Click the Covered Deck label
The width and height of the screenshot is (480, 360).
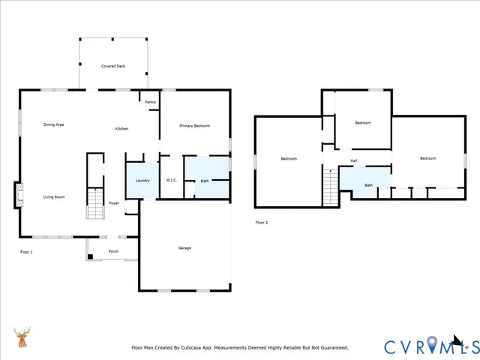tap(113, 66)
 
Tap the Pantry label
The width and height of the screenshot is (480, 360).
tap(150, 101)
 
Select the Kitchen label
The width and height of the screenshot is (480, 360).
tap(121, 128)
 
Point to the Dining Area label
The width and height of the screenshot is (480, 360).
tap(53, 124)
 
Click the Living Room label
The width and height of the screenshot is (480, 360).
tap(53, 197)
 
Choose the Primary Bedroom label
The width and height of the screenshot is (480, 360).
tap(194, 126)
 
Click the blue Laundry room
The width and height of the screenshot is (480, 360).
tap(142, 180)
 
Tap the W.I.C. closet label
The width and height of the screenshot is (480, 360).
tap(171, 181)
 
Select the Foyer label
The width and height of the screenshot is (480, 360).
tap(114, 203)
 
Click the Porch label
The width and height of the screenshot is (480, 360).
tap(113, 251)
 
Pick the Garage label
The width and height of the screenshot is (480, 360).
tap(184, 247)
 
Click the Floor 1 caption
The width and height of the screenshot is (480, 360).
tap(26, 252)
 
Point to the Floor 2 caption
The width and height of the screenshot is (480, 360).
tap(261, 222)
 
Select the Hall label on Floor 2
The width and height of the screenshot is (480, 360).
tap(353, 160)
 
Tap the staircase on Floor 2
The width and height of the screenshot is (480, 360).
tap(330, 186)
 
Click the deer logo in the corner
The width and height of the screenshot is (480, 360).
tap(22, 339)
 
